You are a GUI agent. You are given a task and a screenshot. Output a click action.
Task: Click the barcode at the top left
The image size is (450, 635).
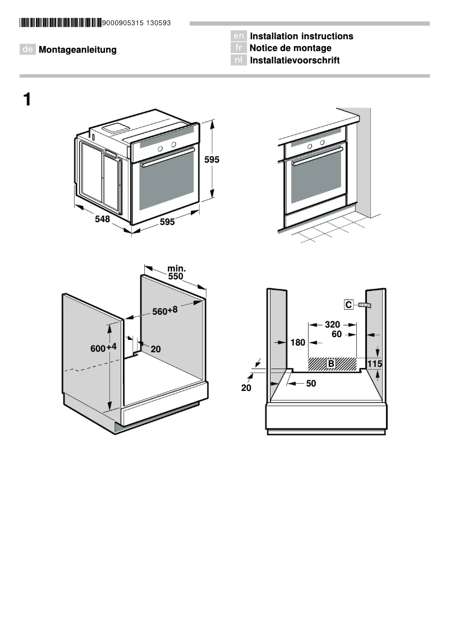click(61, 23)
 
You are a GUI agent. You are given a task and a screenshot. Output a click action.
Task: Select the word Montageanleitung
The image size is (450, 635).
click(77, 50)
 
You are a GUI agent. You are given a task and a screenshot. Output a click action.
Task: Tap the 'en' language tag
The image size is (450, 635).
click(238, 36)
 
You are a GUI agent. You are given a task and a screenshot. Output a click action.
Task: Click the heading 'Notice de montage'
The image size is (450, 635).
click(290, 48)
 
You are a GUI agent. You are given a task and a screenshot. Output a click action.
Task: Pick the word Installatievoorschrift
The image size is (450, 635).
click(295, 61)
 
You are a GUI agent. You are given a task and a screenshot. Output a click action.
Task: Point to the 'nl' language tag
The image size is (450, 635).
click(238, 61)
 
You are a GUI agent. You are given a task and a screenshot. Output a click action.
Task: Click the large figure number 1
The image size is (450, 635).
click(27, 100)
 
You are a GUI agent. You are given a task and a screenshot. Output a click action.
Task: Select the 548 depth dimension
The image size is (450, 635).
click(102, 219)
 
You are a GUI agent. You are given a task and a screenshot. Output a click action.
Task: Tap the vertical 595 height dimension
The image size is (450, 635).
click(212, 160)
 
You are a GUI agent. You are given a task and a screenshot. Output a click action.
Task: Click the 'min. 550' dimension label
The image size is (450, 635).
click(176, 273)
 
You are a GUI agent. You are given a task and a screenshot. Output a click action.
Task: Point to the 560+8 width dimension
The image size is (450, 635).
click(165, 311)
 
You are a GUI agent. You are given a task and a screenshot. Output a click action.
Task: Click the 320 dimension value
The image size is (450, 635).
click(332, 324)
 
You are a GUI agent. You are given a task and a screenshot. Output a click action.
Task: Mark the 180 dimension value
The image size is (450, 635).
click(297, 343)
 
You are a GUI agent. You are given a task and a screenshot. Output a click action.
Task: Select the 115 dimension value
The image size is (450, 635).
click(375, 364)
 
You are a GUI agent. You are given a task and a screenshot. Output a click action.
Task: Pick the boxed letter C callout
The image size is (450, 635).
click(348, 305)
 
